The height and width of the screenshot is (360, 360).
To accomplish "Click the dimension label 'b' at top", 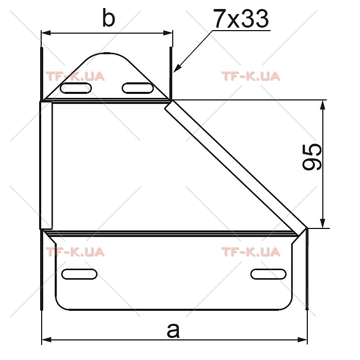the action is [x=108, y=18].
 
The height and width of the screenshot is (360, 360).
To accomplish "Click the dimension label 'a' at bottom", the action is [x=173, y=330].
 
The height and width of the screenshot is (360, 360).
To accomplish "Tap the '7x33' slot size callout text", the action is [x=241, y=19].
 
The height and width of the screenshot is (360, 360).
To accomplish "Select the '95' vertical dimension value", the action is [x=312, y=157].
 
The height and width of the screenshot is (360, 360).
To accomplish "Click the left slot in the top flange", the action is [x=76, y=88].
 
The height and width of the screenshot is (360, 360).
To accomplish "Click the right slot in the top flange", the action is [x=138, y=88].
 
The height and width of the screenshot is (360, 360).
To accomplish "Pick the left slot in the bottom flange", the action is [x=79, y=274].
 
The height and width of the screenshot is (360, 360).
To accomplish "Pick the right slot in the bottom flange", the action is [x=269, y=274].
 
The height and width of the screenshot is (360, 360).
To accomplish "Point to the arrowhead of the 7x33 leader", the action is [x=177, y=68].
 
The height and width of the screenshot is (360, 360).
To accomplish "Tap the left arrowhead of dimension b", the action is [x=46, y=33].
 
